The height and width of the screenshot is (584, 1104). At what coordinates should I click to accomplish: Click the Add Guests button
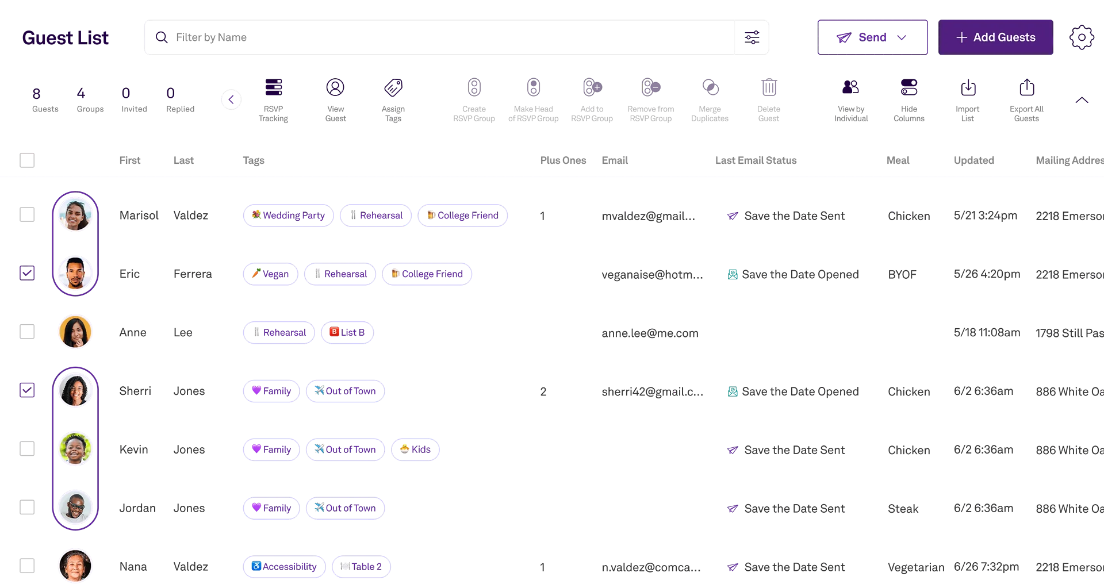click(x=995, y=37)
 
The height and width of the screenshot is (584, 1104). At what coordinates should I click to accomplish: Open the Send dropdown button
click(x=871, y=37)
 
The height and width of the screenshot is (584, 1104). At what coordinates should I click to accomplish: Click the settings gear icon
click(x=1081, y=37)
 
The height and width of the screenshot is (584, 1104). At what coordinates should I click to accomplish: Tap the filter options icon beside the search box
click(x=752, y=37)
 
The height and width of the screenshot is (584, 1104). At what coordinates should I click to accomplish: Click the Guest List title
click(x=66, y=37)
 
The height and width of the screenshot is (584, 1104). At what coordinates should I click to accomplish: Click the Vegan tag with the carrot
click(x=270, y=274)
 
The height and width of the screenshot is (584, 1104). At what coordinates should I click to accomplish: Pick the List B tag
click(x=349, y=332)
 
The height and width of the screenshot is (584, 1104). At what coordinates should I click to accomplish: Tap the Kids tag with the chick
click(x=416, y=449)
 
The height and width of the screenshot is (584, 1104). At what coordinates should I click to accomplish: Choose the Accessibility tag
click(x=283, y=566)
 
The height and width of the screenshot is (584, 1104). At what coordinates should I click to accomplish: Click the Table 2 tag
click(x=361, y=566)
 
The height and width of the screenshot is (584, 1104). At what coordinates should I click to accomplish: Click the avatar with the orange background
click(x=75, y=332)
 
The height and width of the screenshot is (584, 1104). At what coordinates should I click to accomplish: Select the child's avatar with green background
click(x=75, y=448)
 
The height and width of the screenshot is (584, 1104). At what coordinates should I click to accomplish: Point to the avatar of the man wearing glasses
click(x=75, y=506)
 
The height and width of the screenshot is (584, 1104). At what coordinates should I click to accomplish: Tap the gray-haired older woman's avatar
click(x=75, y=566)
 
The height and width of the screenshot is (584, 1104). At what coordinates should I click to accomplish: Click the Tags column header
click(x=254, y=162)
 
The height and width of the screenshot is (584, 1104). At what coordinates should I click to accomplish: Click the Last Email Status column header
click(x=756, y=161)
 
